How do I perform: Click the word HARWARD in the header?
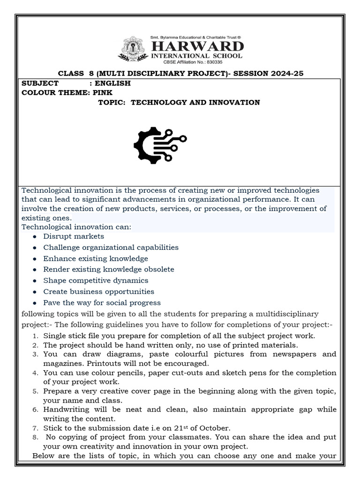(196, 46)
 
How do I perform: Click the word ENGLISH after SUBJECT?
(113, 83)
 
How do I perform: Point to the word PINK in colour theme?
(103, 92)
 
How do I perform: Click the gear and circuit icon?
(159, 142)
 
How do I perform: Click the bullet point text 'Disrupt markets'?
(74, 236)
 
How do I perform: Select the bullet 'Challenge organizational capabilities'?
(111, 247)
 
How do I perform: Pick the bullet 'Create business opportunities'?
(98, 292)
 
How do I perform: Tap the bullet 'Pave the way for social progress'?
(102, 303)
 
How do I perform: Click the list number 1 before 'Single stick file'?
(36, 336)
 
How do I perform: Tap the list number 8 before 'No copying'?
(36, 437)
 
